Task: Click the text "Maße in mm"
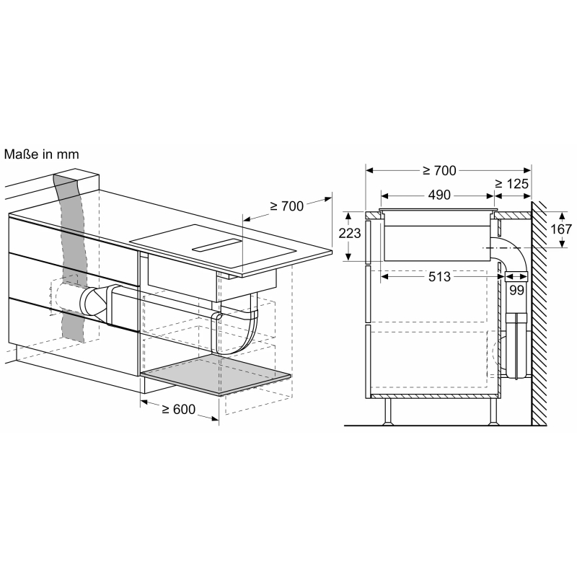point(42,154)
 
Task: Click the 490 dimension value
point(439,195)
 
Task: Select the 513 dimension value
point(439,277)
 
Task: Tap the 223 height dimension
point(350,233)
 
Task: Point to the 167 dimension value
point(561,229)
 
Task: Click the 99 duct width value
point(516,291)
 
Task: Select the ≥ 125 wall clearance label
point(511,184)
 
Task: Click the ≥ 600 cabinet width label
point(178,409)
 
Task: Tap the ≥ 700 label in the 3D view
point(286,206)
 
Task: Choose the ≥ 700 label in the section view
point(439,171)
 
